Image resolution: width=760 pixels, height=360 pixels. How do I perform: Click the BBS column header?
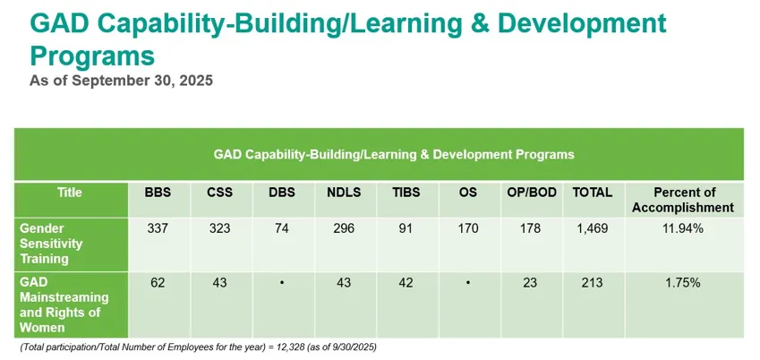click(x=158, y=193)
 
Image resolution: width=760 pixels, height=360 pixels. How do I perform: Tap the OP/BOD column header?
click(x=529, y=193)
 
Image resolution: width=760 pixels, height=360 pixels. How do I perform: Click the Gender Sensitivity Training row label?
click(x=51, y=243)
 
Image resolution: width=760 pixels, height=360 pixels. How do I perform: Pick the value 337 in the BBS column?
click(x=158, y=228)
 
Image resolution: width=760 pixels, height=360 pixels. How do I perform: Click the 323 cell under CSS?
click(x=219, y=228)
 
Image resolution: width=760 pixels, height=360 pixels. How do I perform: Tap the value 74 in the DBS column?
click(x=281, y=228)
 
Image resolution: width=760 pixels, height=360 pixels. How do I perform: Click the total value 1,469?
click(x=592, y=228)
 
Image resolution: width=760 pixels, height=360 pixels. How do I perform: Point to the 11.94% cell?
click(x=685, y=228)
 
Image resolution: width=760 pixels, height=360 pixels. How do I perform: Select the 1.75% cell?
click(x=685, y=282)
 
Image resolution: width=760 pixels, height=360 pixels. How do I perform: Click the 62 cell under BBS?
click(x=158, y=282)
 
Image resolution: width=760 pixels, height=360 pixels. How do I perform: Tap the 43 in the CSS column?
click(x=219, y=282)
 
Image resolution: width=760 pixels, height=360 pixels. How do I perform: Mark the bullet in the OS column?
click(x=467, y=282)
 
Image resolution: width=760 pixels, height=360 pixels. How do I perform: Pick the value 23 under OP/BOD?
click(x=529, y=282)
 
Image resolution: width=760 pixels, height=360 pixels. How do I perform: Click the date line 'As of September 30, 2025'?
click(x=122, y=81)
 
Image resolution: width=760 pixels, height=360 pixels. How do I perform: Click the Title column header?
click(x=69, y=193)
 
